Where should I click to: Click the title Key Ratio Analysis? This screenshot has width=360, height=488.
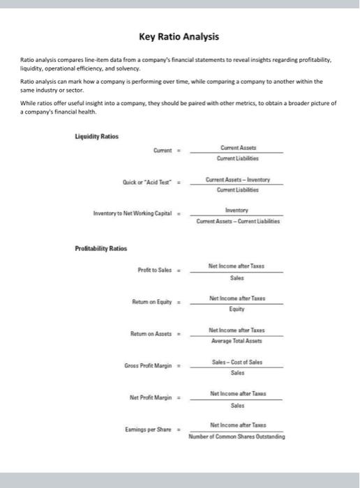[x=179, y=36]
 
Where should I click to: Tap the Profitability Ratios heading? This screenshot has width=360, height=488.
[x=100, y=247]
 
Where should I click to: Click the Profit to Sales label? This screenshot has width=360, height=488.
[x=156, y=270]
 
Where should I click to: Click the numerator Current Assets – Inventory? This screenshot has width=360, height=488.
[x=237, y=179]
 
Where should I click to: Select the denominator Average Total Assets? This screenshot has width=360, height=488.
[x=237, y=341]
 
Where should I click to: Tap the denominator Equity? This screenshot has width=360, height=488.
[x=237, y=308]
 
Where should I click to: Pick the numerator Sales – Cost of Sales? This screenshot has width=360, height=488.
[x=237, y=363]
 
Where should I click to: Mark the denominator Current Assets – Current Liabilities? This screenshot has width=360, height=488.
[x=237, y=220]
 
